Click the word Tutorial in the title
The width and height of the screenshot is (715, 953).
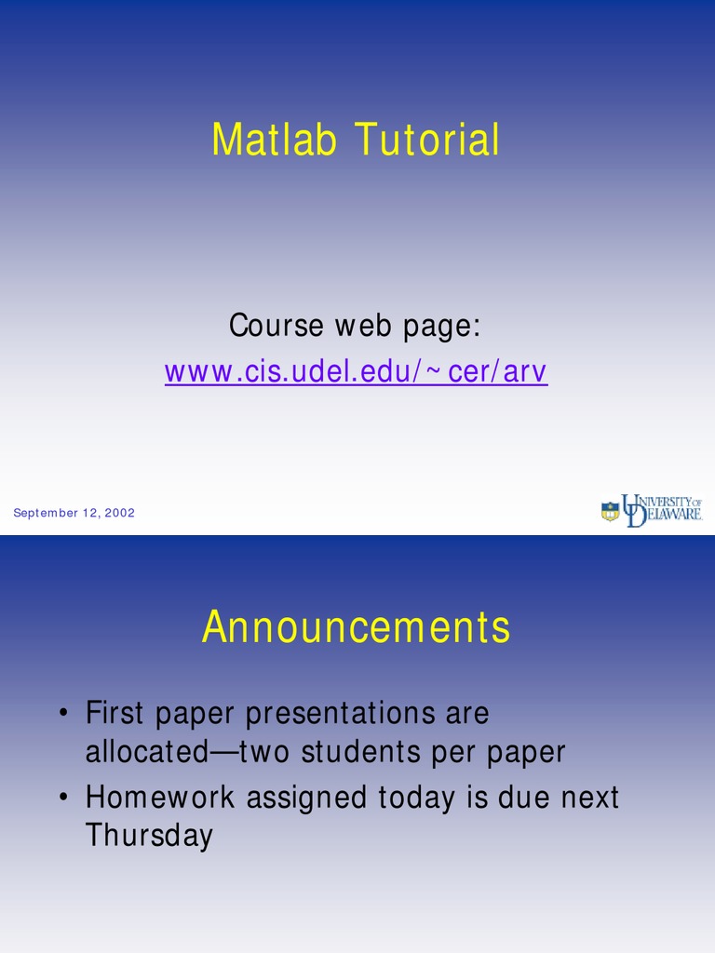[x=427, y=141]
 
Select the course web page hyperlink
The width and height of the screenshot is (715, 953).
[x=356, y=371]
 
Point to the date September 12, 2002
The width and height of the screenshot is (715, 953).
[x=74, y=513]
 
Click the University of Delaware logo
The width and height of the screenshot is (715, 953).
[x=651, y=510]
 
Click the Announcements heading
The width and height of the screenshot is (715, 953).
[x=357, y=627]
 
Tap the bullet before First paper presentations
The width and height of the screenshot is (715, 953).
[x=61, y=715]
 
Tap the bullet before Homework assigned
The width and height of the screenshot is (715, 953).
[x=61, y=799]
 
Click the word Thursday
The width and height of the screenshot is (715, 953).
[x=149, y=836]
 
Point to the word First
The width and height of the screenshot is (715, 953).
[x=115, y=714]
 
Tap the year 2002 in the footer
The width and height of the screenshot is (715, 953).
[x=120, y=513]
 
